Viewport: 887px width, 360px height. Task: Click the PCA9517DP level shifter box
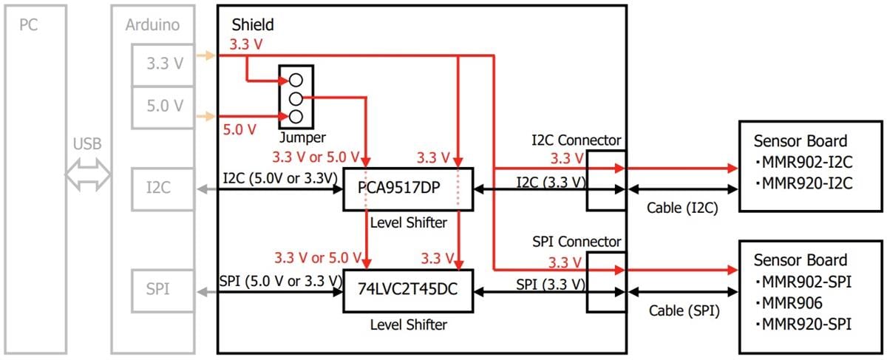tap(408, 189)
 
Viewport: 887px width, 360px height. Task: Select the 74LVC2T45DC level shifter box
tap(408, 291)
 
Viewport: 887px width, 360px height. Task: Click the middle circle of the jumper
tap(296, 98)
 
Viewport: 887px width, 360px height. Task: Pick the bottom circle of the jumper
tap(296, 116)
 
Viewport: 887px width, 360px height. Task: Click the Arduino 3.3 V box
tap(164, 64)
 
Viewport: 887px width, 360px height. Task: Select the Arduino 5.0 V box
tap(164, 106)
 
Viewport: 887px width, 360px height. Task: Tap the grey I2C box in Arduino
tap(157, 189)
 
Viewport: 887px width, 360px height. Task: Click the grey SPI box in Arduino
tap(157, 290)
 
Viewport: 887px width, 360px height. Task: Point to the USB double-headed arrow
tap(88, 176)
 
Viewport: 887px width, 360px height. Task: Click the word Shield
tap(253, 25)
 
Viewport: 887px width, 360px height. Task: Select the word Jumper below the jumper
tap(302, 137)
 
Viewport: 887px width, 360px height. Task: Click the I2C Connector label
tap(577, 140)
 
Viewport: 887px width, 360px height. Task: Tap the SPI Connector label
tap(577, 242)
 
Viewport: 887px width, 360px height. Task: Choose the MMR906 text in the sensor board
tap(792, 302)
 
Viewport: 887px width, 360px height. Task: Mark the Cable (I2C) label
tap(681, 210)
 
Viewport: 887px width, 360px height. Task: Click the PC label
tap(29, 25)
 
